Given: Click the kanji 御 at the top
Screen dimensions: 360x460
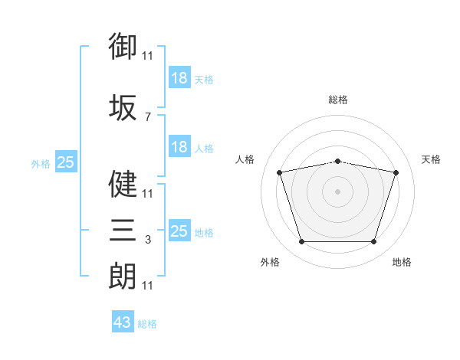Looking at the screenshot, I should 123,46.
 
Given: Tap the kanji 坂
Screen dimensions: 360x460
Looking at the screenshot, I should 123,108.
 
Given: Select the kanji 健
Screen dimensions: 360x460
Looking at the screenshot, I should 123,184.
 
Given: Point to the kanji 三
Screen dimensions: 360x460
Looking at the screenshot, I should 123,231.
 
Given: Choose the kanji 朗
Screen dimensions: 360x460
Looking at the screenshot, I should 123,276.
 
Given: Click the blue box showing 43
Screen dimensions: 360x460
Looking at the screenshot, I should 123,322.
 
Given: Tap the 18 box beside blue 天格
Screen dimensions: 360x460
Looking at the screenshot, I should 179,78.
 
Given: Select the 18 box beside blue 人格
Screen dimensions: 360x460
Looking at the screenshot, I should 179,147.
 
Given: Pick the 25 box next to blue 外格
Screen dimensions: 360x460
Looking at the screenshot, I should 65,162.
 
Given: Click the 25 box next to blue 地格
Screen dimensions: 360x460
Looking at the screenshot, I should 179,231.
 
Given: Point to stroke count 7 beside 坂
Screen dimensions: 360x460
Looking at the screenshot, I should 147,117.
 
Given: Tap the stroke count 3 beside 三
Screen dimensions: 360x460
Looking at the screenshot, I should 147,241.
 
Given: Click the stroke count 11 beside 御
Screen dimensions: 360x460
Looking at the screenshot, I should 147,56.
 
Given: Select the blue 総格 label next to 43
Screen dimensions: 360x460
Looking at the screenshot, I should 147,324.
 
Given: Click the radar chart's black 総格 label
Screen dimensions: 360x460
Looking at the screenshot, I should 338,100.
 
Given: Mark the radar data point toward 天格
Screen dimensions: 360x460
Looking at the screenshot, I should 396,172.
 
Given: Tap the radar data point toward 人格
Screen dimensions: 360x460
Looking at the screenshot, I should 280,172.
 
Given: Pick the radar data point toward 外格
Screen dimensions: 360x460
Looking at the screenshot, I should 301,242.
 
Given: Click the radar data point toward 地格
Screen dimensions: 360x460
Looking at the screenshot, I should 374,242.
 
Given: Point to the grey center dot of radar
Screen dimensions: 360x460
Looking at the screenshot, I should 338,191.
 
